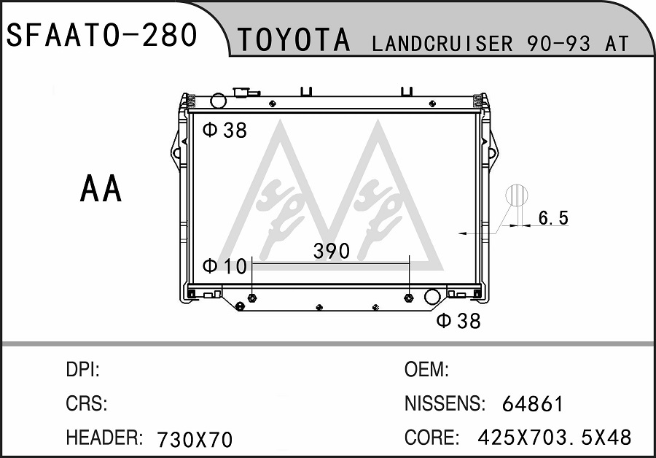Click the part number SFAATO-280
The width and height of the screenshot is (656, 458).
101,35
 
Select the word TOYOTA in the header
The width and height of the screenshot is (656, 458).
294,40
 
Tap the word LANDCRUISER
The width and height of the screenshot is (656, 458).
442,44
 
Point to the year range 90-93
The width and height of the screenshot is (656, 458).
559,44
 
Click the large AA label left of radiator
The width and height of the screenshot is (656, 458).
101,188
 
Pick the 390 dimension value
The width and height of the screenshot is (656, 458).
332,251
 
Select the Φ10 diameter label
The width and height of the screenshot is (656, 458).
224,266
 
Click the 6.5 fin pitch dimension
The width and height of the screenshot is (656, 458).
553,218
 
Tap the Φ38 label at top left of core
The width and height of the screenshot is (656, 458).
224,131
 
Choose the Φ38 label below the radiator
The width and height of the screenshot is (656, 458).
458,321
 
